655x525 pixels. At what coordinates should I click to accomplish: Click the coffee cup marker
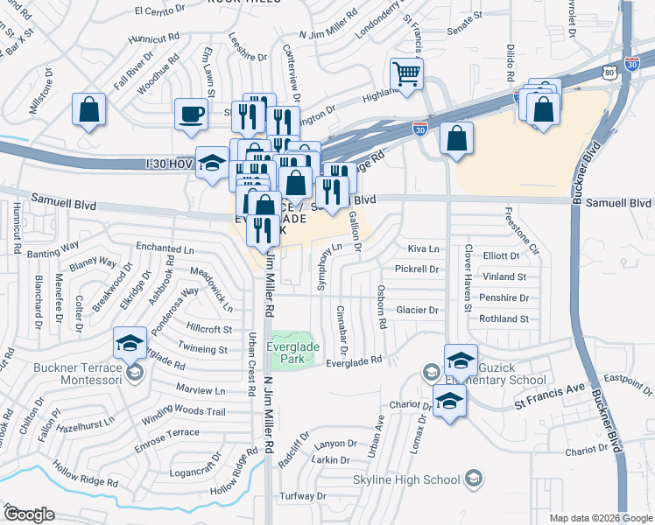point(191,115)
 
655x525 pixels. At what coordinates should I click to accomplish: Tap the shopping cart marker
point(406,73)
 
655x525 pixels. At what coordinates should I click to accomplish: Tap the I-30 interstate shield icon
point(421,128)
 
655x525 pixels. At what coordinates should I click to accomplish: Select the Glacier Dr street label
point(416,310)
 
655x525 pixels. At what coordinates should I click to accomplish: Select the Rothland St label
point(524,319)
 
